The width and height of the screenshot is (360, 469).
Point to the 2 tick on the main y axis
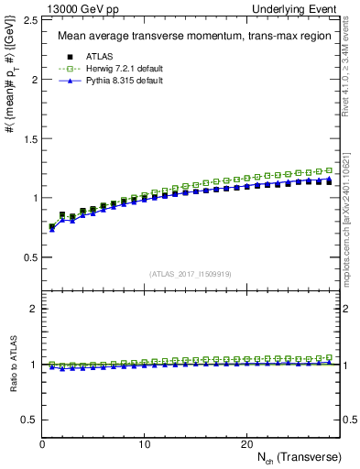[32, 80]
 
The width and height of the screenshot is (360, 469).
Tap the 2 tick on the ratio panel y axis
[32, 309]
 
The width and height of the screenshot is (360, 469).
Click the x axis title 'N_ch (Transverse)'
[300, 457]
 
